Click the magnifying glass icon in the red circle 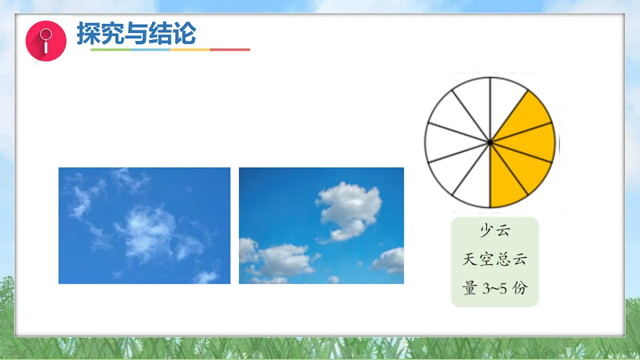(46, 41)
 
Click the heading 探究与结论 (137, 33)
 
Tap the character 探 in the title (89, 33)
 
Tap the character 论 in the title (185, 33)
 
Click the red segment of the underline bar (230, 50)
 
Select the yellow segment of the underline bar (190, 50)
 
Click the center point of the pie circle (490, 142)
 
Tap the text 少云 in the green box (495, 231)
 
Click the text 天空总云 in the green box (495, 260)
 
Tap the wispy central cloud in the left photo (147, 232)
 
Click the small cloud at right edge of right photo (390, 260)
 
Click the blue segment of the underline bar (150, 50)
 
